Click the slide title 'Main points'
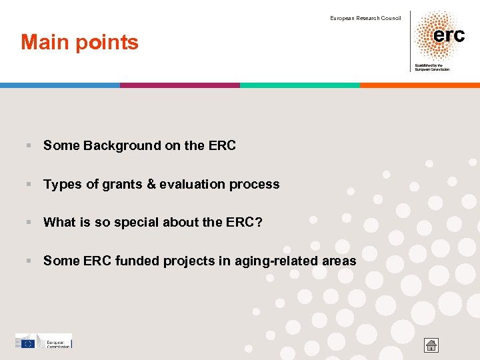pos(80,43)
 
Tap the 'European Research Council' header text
pos(365,18)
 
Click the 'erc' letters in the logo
pos(449,35)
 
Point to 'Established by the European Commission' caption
pos(432,67)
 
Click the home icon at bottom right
pos(431,345)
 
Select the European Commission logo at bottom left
pos(43,341)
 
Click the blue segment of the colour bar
pos(60,85)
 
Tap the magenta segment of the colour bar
pos(180,85)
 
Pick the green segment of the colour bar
pos(300,85)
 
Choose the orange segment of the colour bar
pos(420,85)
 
